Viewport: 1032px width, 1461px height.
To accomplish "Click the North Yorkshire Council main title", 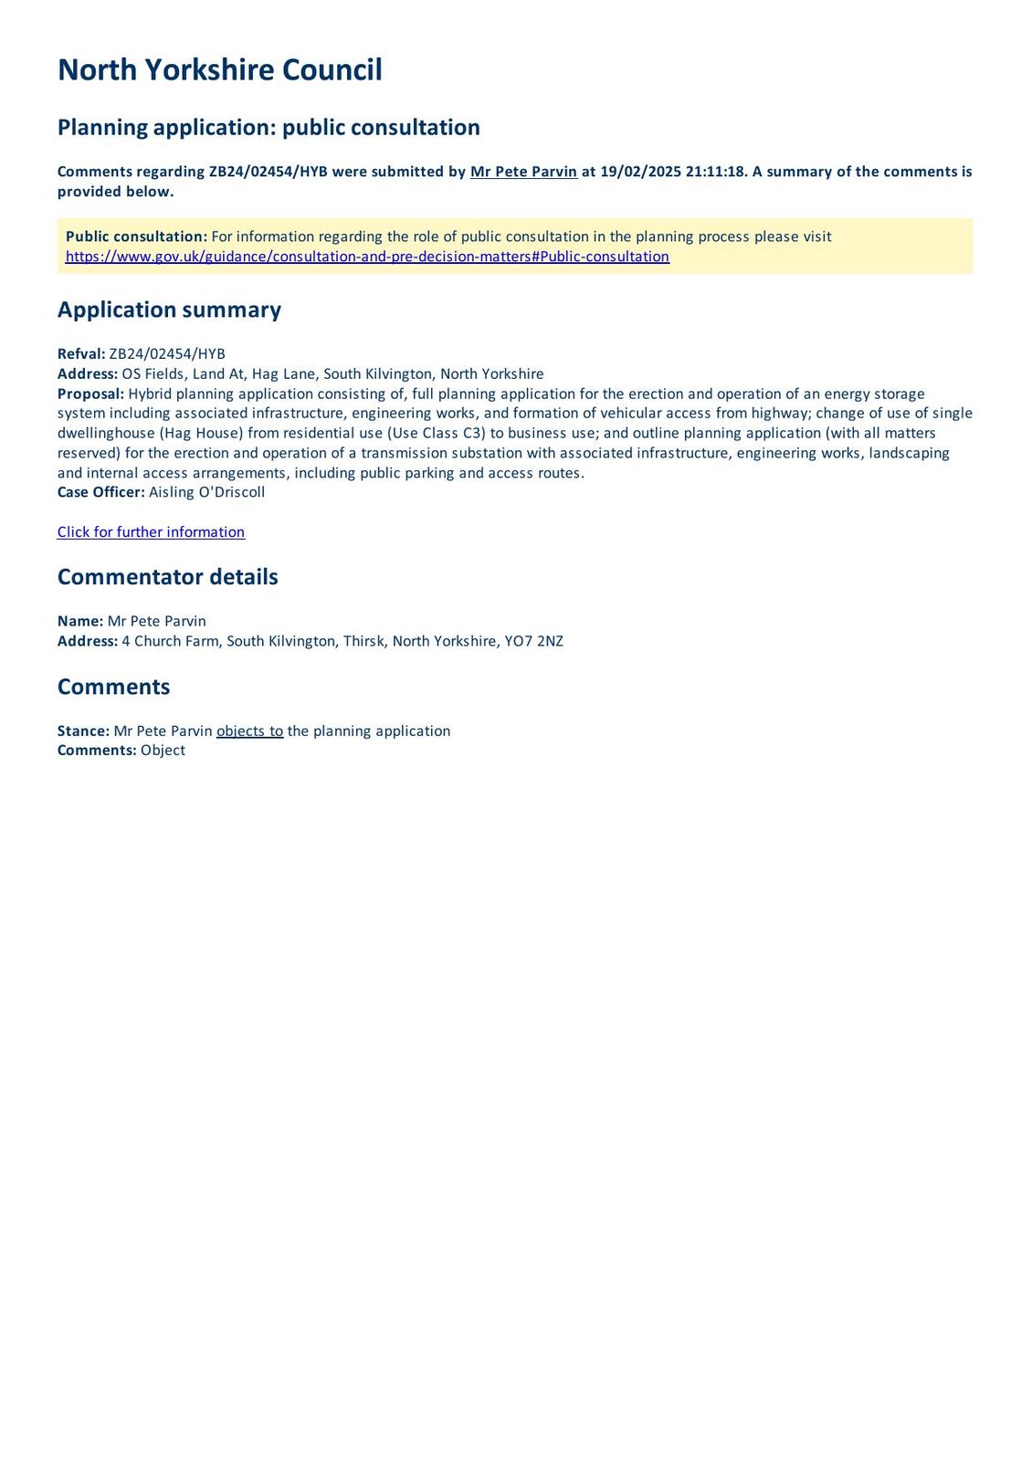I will [219, 70].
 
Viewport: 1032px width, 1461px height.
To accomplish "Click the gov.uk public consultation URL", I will [367, 257].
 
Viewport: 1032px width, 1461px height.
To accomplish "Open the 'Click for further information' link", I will [151, 532].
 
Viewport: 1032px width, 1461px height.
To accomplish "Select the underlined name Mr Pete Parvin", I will [523, 172].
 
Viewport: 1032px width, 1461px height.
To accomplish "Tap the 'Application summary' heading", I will [169, 310].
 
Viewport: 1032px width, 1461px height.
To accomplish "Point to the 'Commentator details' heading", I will [167, 577].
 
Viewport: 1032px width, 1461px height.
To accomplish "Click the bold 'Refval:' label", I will [81, 354].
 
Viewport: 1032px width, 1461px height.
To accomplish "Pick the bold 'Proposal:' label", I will [90, 394].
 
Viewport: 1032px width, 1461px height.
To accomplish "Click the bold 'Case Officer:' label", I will [100, 492].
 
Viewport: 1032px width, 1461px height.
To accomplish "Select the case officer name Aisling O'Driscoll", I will [207, 492].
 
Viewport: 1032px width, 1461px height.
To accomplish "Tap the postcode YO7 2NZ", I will [534, 641].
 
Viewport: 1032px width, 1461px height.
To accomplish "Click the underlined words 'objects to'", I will [249, 731].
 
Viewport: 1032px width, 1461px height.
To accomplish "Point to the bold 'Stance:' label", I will [83, 731].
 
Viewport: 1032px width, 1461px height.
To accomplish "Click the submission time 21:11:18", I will [716, 172].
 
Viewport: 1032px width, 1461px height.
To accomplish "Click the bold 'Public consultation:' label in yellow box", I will [136, 236].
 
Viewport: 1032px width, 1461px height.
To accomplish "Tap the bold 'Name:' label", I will [80, 621].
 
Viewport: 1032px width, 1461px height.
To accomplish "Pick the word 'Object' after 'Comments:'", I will [163, 751].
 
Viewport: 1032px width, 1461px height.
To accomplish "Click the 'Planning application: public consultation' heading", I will [269, 127].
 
